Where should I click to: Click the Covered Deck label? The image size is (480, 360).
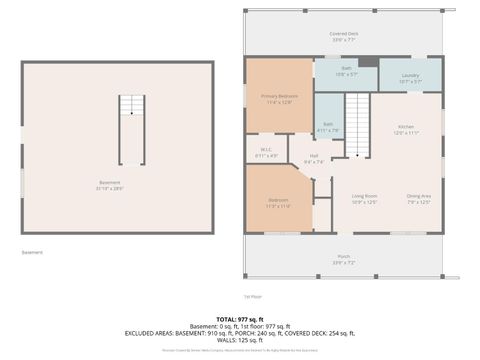[344, 36]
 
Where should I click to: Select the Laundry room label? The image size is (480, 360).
[409, 77]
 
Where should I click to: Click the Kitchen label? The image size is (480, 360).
[405, 129]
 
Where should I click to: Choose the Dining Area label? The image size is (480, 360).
[419, 199]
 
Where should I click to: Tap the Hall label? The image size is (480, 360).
[312, 158]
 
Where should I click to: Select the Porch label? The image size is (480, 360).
[344, 259]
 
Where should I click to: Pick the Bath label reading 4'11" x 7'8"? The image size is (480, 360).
[327, 128]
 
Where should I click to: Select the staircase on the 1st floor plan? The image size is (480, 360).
[358, 121]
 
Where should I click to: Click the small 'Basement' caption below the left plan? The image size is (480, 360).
[33, 252]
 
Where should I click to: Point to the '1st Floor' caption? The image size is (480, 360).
[253, 297]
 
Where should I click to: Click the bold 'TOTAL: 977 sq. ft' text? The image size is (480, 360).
[239, 319]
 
